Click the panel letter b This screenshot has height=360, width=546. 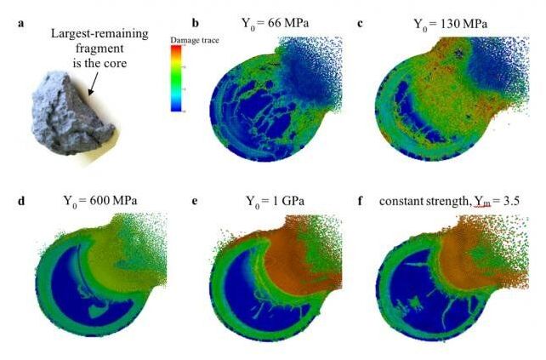[196, 23]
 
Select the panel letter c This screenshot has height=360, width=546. [361, 23]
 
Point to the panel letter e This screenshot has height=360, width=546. [196, 202]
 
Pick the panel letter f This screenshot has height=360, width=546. [361, 202]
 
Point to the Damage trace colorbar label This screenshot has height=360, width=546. [191, 40]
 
